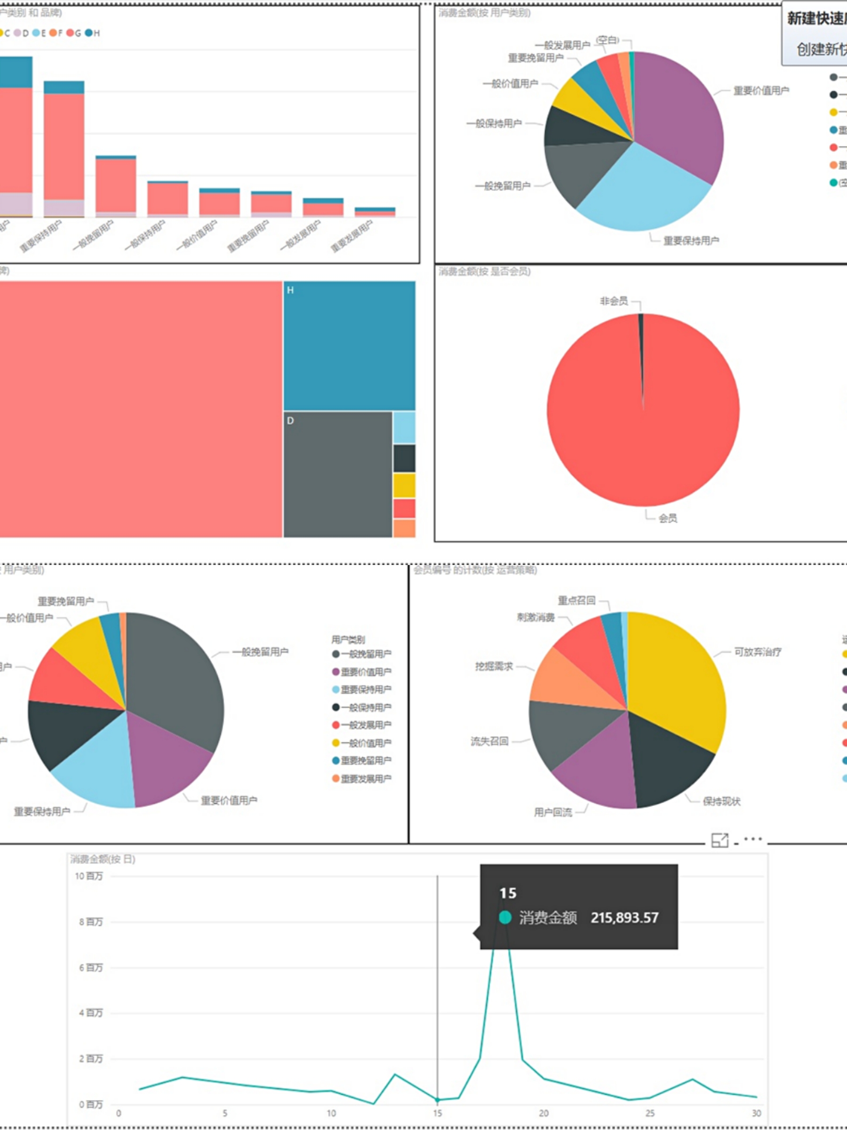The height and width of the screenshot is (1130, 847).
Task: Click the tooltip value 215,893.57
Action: coord(624,918)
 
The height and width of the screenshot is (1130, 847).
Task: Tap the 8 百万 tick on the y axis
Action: coord(91,921)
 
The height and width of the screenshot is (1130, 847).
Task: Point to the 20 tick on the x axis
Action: coord(544,1113)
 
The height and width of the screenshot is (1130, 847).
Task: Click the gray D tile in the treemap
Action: coord(337,474)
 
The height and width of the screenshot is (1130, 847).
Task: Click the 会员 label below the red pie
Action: coord(668,518)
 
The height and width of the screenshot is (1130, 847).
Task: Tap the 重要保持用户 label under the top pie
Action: coord(691,241)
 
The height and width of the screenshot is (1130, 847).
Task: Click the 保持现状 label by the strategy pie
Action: coord(721,801)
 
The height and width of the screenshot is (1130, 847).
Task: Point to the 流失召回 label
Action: coord(489,741)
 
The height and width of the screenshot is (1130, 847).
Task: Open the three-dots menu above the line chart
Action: coord(753,839)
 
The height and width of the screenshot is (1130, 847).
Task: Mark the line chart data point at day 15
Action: coord(438,1099)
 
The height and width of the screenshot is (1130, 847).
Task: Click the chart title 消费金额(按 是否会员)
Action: coord(485,271)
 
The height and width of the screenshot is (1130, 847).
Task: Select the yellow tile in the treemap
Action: coord(404,486)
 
